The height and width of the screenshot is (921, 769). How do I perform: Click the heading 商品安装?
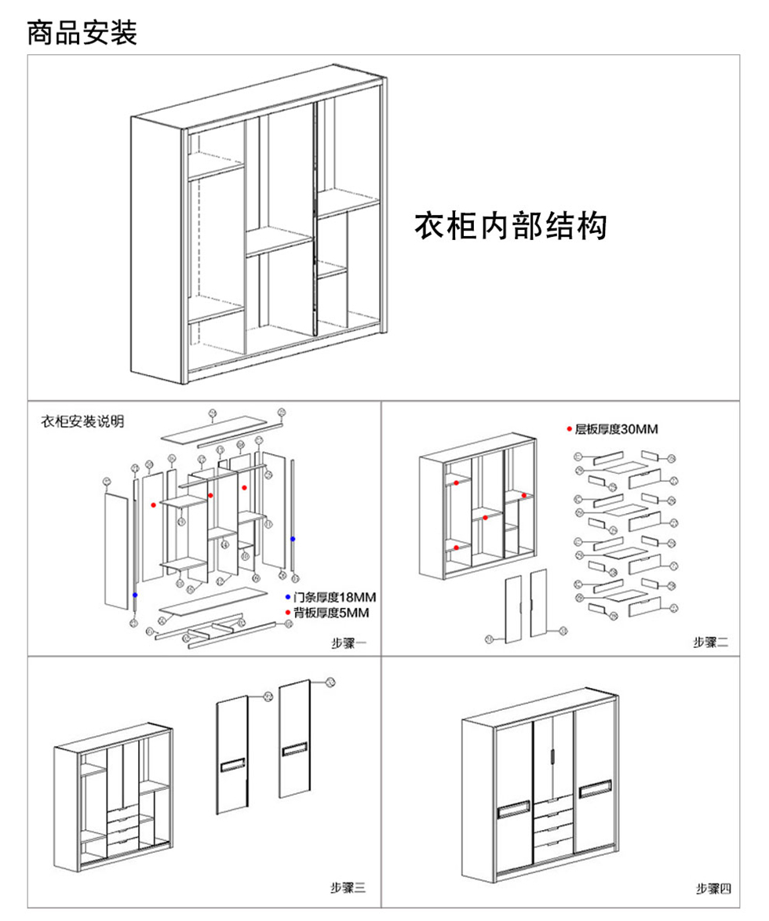coord(82,33)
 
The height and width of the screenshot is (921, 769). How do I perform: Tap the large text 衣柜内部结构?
coord(510,226)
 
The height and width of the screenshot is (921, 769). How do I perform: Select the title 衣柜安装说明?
coord(82,422)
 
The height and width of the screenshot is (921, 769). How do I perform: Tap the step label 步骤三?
coord(348,888)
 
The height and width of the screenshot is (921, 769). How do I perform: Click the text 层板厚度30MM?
coord(617,429)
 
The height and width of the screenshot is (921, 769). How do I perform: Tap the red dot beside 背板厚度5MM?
coord(288,612)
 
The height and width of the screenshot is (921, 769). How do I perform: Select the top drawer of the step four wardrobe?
coord(552,802)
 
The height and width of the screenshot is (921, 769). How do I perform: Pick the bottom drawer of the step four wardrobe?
coord(552,846)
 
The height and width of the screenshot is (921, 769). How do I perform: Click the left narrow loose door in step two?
coord(513,609)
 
